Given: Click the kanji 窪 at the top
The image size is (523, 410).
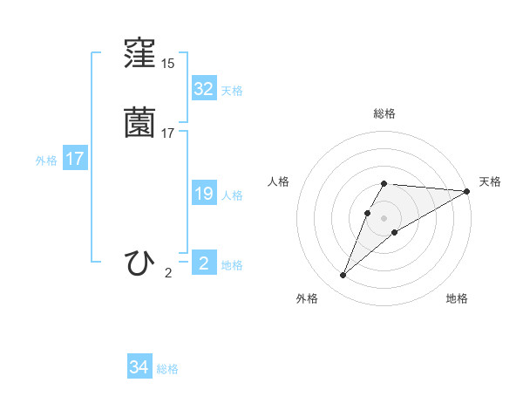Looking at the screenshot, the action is point(140,55).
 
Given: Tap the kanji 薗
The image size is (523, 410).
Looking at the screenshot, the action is point(140,122).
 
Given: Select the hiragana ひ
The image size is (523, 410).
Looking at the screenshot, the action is point(140,261).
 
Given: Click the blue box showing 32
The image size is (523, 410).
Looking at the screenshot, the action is point(203,88).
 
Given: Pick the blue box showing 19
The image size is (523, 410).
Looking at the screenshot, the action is point(203,194).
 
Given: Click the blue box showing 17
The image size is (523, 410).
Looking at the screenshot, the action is point(75,160).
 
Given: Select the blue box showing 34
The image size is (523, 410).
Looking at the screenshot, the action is point(139,367).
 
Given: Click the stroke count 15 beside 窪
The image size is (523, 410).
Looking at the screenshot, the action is point(167,64).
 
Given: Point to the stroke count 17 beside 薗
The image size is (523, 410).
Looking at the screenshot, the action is point(167,133).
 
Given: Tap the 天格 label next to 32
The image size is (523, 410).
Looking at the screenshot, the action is point(232,91).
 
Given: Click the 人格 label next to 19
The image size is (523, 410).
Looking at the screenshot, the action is point(232,195).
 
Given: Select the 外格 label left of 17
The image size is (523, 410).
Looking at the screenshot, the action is point(46,161).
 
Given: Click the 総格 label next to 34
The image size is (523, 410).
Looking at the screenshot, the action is point(167,369).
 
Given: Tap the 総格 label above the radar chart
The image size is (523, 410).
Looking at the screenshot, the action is point(384,113).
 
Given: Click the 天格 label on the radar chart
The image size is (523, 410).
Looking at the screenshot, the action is point(490,181).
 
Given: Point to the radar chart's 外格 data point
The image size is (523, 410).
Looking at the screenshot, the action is point(343,276).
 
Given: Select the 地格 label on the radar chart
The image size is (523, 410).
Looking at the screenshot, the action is point(457,298).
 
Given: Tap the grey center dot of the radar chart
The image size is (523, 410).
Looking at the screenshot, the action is point(384,218).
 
